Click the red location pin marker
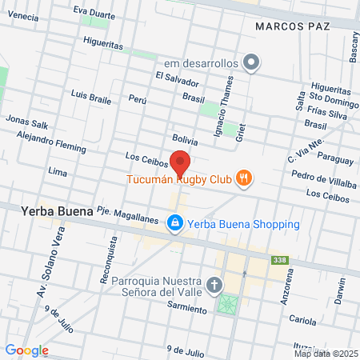[x=180, y=162]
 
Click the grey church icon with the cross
[x=214, y=284]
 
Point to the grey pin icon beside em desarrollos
[x=252, y=62]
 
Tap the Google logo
[x=26, y=350]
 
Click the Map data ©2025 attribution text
[x=326, y=353]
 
